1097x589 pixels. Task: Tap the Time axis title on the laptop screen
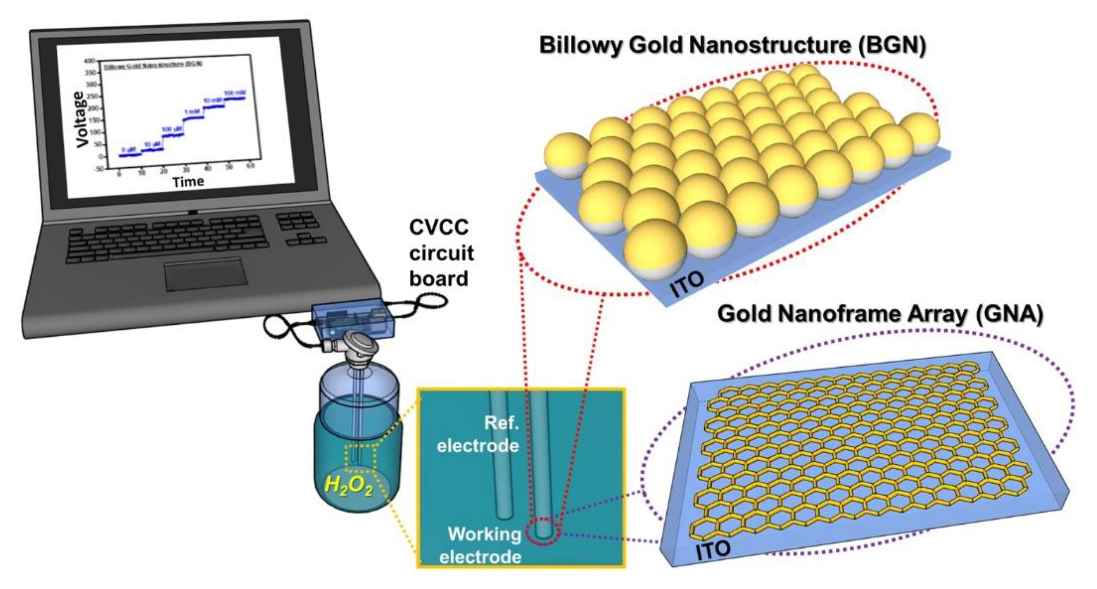(188, 182)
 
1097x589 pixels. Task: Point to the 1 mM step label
(191, 112)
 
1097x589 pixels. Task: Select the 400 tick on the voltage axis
(89, 61)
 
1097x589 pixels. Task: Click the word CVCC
(439, 227)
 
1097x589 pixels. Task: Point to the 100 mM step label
(235, 93)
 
